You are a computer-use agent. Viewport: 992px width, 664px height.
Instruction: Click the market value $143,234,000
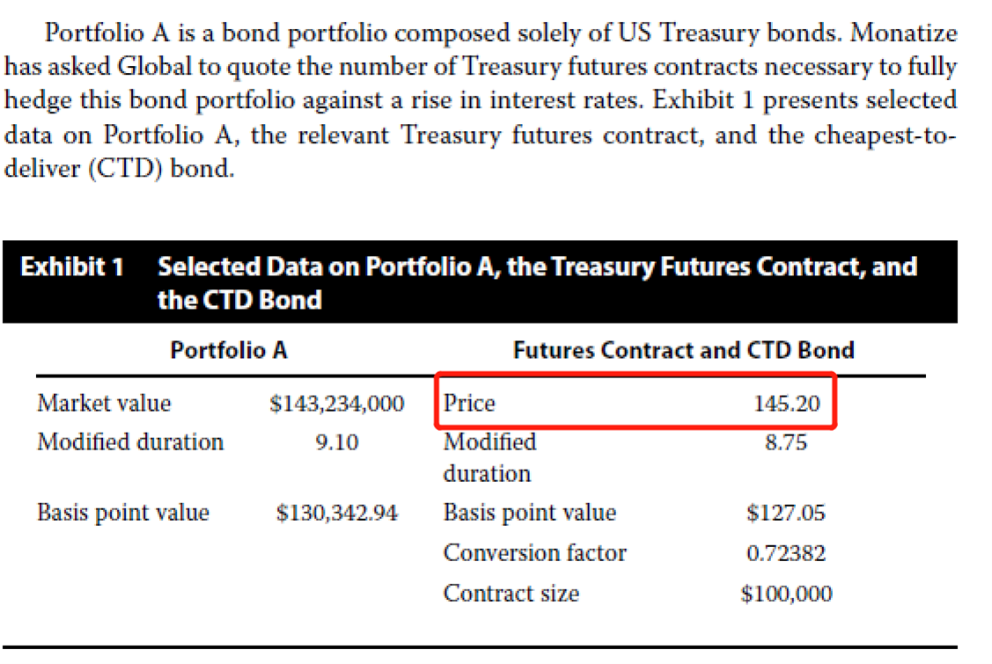click(x=336, y=404)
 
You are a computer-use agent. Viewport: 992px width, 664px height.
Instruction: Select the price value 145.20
click(x=786, y=404)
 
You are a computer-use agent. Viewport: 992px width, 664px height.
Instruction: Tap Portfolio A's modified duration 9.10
click(x=336, y=442)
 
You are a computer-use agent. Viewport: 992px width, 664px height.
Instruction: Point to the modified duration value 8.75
click(x=786, y=442)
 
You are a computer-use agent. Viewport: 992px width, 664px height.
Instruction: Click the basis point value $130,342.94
click(x=336, y=513)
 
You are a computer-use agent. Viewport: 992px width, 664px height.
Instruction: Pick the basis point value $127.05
click(x=785, y=513)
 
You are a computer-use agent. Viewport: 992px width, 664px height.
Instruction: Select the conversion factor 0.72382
click(x=785, y=553)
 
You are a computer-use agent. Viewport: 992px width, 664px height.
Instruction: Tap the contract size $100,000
click(x=785, y=594)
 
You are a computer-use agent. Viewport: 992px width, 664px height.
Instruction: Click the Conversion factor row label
click(x=534, y=553)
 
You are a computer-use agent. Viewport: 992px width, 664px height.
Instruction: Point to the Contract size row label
click(x=511, y=594)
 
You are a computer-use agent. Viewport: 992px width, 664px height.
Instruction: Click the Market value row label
click(x=104, y=404)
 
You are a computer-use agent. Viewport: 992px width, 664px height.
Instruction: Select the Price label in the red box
click(x=469, y=404)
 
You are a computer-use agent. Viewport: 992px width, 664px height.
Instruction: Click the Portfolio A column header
click(x=228, y=350)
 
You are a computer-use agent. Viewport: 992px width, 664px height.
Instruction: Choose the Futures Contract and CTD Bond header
click(x=683, y=350)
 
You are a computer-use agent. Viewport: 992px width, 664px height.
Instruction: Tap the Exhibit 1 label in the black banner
click(x=72, y=267)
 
